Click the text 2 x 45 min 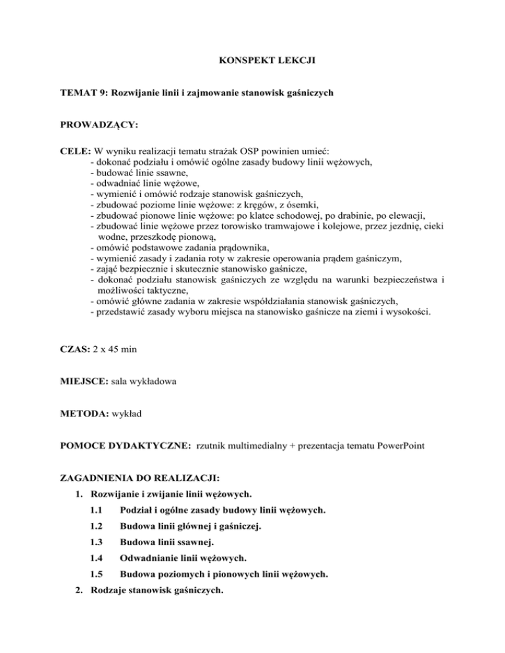[x=116, y=350]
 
